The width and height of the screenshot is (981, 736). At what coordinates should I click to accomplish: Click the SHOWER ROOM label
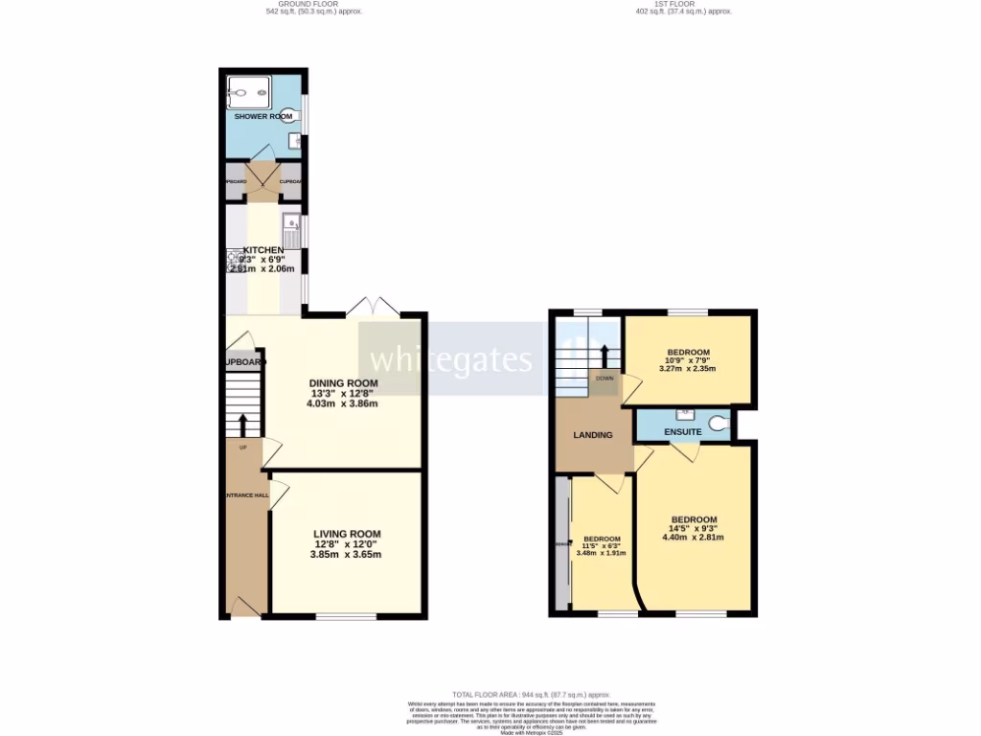263,116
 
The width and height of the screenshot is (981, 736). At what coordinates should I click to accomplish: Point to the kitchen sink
292,229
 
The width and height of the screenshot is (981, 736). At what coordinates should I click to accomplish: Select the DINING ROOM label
343,383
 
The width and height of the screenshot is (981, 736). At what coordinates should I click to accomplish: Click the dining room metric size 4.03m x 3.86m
343,403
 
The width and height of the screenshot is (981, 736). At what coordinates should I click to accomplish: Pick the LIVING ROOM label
347,535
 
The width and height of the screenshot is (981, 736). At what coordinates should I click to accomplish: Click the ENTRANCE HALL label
245,494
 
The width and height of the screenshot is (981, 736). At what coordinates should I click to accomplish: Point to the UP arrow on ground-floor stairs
242,423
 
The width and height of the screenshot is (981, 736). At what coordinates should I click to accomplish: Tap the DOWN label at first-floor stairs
605,378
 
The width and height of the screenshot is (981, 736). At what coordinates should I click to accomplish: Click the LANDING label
593,435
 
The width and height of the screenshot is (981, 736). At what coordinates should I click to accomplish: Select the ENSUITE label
684,432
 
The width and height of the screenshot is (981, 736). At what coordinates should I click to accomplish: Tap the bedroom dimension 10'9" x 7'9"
689,359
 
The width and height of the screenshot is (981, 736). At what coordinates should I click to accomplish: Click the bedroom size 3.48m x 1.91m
601,552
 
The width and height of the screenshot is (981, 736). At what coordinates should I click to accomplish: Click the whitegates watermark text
450,359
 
